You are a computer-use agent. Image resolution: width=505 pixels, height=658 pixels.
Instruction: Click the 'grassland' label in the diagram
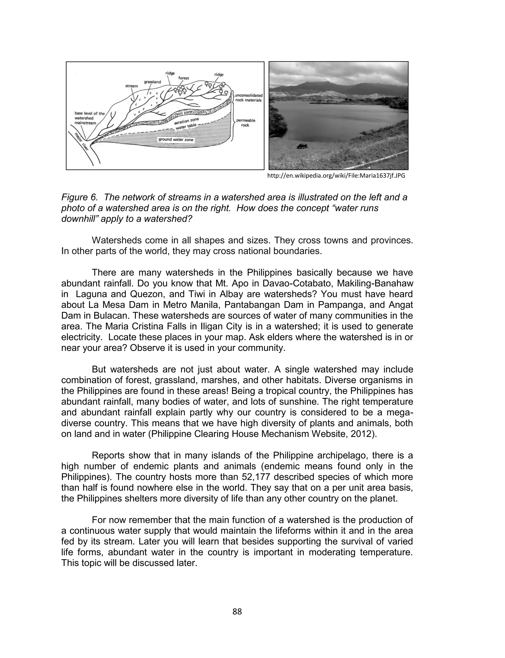(152, 82)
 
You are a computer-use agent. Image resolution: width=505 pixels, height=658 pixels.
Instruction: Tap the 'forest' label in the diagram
(184, 78)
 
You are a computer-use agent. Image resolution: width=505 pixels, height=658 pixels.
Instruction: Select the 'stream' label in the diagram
(131, 86)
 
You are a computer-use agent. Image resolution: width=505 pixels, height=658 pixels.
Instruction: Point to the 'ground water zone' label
(176, 140)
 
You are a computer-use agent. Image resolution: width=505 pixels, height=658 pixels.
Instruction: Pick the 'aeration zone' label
(186, 121)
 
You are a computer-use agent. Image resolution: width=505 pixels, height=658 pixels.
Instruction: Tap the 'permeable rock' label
(246, 123)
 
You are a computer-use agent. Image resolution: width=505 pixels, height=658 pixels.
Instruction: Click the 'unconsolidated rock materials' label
(248, 98)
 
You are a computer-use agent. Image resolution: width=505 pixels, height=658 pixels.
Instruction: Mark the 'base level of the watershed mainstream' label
(89, 118)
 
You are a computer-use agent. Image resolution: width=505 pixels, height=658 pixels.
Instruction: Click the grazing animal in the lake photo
(301, 146)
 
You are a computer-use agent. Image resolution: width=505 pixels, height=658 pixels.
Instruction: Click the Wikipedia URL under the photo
(336, 176)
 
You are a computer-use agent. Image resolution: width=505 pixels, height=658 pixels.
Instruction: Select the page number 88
(237, 612)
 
